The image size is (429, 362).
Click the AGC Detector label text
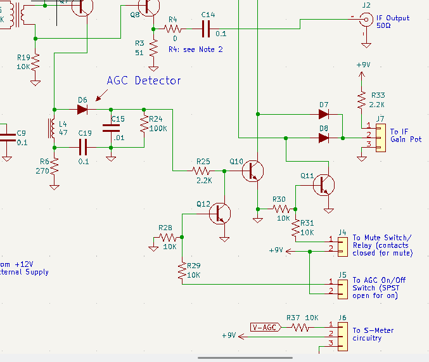pyautogui.click(x=143, y=81)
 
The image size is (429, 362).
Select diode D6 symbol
pyautogui.click(x=82, y=109)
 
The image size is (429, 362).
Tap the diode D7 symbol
pyautogui.click(x=324, y=115)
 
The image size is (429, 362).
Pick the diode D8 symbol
pyautogui.click(x=324, y=138)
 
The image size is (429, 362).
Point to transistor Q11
pyautogui.click(x=325, y=184)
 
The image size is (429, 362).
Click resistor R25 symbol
pyautogui.click(x=203, y=171)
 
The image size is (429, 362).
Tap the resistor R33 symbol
pyautogui.click(x=361, y=100)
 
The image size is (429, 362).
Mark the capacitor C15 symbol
pyautogui.click(x=111, y=128)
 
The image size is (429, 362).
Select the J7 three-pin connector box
pyautogui.click(x=380, y=138)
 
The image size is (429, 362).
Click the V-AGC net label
pyautogui.click(x=264, y=328)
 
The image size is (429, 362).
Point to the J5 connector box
pyautogui.click(x=342, y=286)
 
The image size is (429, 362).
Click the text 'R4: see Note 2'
pyautogui.click(x=195, y=49)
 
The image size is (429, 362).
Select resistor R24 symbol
pyautogui.click(x=144, y=128)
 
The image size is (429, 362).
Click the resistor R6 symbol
pyautogui.click(x=54, y=168)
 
